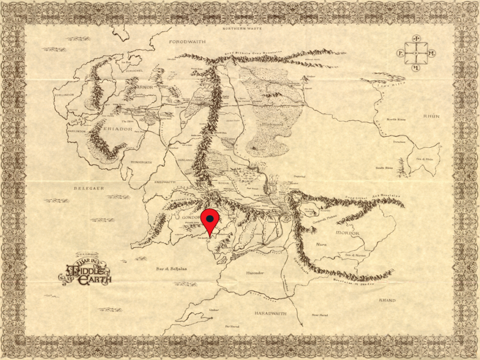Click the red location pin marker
pos(210,220)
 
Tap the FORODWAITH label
pos(187,42)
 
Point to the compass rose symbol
pos(416,53)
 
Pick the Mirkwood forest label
pos(272,126)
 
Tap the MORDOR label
pos(347,233)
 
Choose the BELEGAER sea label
pos(88,188)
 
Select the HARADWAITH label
pos(270,313)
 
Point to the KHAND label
pos(387,300)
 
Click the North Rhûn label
pos(396,120)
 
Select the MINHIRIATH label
pos(141,162)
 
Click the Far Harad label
pos(232,326)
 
